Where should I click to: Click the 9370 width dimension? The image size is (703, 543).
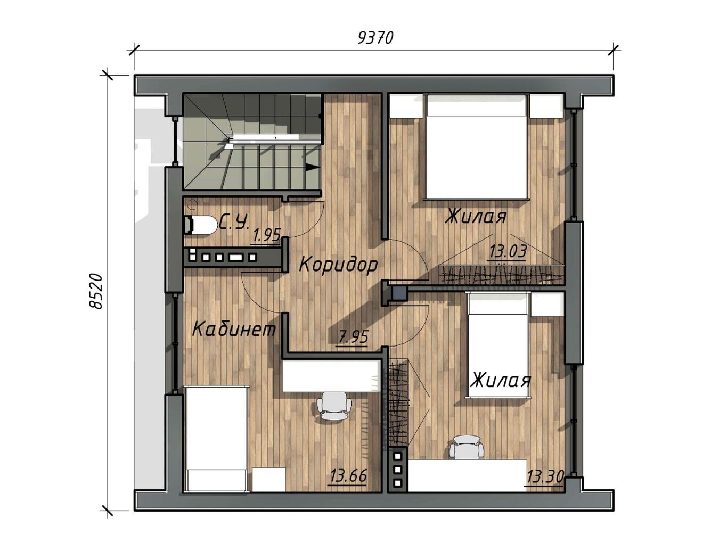[375, 38]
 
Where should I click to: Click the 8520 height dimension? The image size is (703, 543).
[96, 291]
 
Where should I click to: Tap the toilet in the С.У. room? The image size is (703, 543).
[200, 225]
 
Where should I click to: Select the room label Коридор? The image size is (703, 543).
[338, 264]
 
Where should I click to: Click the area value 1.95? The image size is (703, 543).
[267, 235]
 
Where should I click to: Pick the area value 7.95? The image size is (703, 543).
[353, 338]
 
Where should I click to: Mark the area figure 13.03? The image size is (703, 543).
[508, 251]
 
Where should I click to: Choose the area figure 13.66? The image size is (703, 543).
[348, 476]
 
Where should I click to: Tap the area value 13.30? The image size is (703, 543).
[545, 476]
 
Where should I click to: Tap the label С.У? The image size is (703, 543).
[234, 223]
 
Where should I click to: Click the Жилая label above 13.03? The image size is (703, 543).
[476, 216]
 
